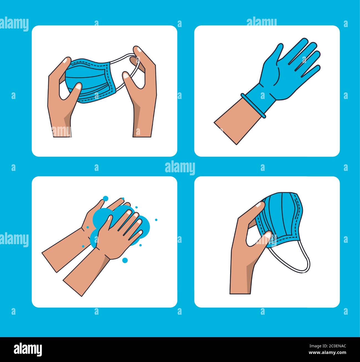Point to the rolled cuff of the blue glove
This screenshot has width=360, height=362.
[253, 105]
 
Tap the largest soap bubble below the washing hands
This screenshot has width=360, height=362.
[125, 260]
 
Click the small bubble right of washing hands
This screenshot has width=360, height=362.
[156, 220]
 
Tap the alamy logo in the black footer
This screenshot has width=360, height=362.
[28, 349]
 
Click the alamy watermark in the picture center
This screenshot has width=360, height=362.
[180, 168]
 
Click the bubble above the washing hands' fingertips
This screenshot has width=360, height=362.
[105, 198]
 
